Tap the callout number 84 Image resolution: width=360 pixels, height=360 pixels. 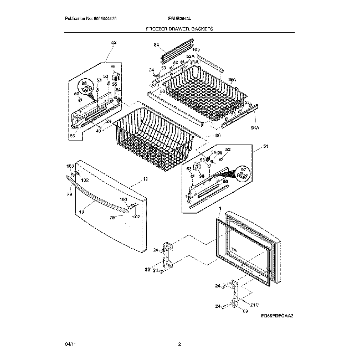(x=156, y=44)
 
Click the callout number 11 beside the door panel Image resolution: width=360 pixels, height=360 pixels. (x=145, y=179)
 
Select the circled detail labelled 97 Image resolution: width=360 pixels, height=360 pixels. (x=242, y=174)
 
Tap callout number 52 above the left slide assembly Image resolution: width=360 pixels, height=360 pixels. (x=114, y=43)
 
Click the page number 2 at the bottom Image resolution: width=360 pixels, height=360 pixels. (x=179, y=344)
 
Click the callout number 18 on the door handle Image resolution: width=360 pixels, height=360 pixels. (x=81, y=212)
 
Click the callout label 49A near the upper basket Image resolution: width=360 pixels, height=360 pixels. (x=231, y=80)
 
